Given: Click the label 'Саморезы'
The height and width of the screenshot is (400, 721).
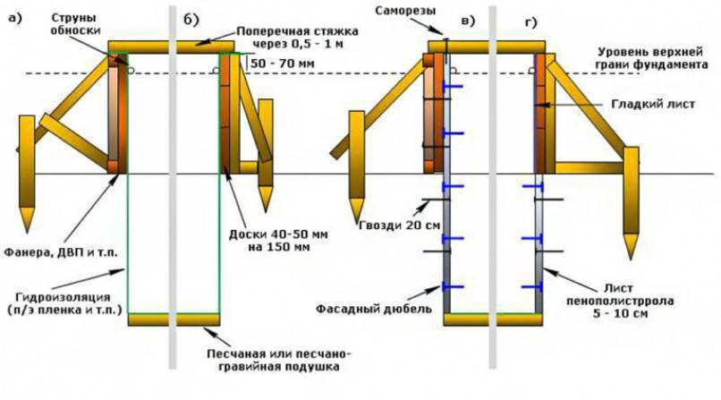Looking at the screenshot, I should click(x=406, y=8).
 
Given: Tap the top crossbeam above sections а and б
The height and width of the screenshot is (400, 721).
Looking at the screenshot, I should click(x=170, y=46).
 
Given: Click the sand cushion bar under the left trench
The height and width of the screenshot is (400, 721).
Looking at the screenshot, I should click(x=174, y=319).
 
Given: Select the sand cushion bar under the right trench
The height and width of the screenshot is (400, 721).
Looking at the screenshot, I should click(x=491, y=319).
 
